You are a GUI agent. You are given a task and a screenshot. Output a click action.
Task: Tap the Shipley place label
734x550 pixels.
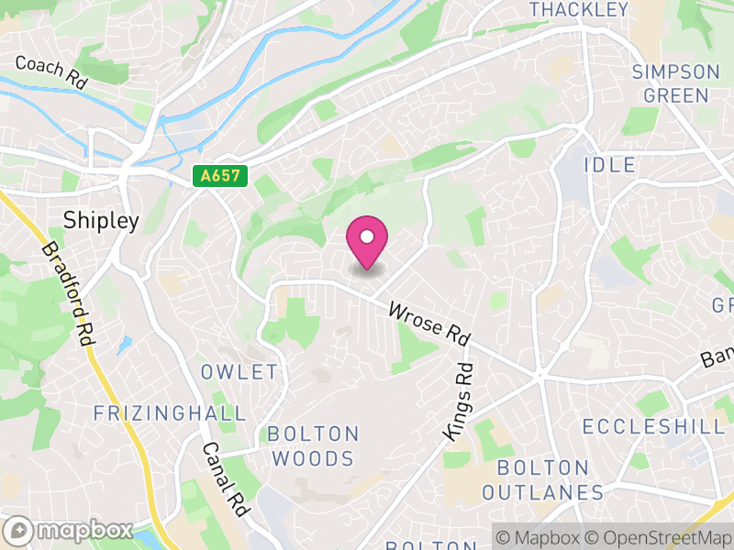[x=101, y=220]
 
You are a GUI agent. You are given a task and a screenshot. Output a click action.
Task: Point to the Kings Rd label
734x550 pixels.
[x=458, y=401]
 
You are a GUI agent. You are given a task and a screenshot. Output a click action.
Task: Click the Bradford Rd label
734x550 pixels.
[x=69, y=293]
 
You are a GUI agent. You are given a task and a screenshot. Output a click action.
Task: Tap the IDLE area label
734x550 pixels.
[x=608, y=165]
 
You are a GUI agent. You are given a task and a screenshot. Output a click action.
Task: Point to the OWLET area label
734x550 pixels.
[x=239, y=371]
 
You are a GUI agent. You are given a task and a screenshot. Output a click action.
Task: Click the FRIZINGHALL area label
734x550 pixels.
[x=170, y=413]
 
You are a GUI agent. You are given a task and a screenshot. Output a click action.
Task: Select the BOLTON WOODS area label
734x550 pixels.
[x=313, y=445]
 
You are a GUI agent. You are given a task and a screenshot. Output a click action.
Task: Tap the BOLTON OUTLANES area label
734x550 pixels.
[x=542, y=480]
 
